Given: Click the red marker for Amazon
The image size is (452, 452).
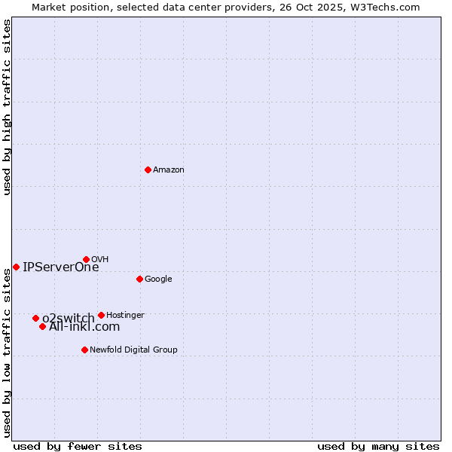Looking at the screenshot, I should (148, 169).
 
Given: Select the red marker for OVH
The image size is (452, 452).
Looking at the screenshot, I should (86, 259).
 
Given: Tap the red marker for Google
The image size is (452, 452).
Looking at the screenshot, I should (139, 279).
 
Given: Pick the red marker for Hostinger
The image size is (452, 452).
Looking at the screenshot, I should (101, 315).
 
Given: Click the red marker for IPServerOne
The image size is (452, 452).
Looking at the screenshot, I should (16, 267).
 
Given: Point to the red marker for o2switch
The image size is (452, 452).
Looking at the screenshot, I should (35, 318).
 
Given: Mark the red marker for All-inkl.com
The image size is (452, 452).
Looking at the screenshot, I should (43, 326).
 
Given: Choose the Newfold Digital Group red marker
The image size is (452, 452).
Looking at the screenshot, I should (84, 350).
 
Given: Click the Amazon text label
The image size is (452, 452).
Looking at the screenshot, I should (169, 170).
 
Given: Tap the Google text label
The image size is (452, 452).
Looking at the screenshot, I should (158, 279).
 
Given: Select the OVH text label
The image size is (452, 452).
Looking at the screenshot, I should (100, 260).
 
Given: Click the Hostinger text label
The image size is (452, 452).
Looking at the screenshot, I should (125, 315).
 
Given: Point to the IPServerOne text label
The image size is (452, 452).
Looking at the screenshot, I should (61, 267).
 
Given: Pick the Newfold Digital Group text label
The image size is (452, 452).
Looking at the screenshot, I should (133, 350).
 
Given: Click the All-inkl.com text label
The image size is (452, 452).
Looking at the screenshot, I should (84, 327).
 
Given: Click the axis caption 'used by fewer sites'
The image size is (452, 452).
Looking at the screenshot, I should (78, 446).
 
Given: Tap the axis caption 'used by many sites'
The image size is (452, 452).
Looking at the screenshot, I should (378, 446).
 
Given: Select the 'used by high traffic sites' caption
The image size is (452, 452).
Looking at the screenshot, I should (7, 107).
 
